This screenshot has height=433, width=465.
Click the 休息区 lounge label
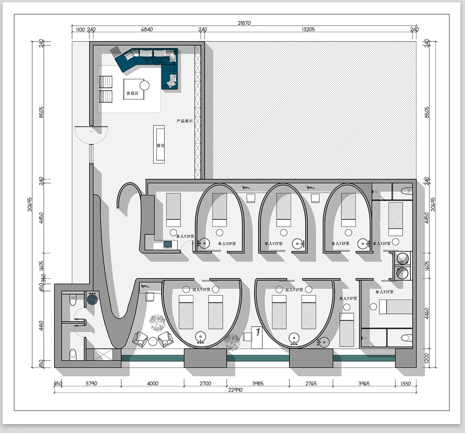point(133,93)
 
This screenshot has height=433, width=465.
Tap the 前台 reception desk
point(159,144)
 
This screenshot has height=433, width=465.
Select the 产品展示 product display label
point(184,121)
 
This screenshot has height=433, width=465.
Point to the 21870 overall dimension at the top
point(244,23)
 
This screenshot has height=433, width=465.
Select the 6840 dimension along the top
point(147,29)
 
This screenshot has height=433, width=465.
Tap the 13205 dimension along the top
point(308,29)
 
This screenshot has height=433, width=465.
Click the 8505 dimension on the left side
point(41,112)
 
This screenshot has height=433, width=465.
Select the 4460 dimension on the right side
point(427,313)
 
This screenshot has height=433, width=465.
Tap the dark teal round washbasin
point(92,300)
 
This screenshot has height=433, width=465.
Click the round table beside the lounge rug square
point(145,86)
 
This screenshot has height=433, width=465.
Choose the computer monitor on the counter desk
point(168,244)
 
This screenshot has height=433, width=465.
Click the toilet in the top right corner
point(407,191)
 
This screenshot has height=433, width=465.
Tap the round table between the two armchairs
point(153,341)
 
